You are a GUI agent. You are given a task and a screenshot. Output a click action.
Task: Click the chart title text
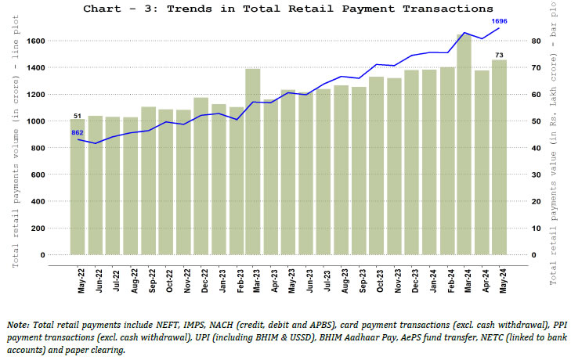tap(287, 9)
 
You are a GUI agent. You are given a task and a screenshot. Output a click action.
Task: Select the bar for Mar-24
tap(464, 145)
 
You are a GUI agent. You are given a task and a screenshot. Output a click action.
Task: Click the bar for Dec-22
tap(201, 176)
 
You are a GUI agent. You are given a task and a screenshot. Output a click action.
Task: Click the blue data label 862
tap(78, 132)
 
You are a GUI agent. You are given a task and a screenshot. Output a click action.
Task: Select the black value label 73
tap(499, 53)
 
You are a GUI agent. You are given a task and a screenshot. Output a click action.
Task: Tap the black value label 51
tap(78, 115)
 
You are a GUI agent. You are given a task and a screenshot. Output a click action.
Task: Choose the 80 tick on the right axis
tap(535, 41)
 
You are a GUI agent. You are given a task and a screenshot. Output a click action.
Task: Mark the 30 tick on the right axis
tap(535, 175)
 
